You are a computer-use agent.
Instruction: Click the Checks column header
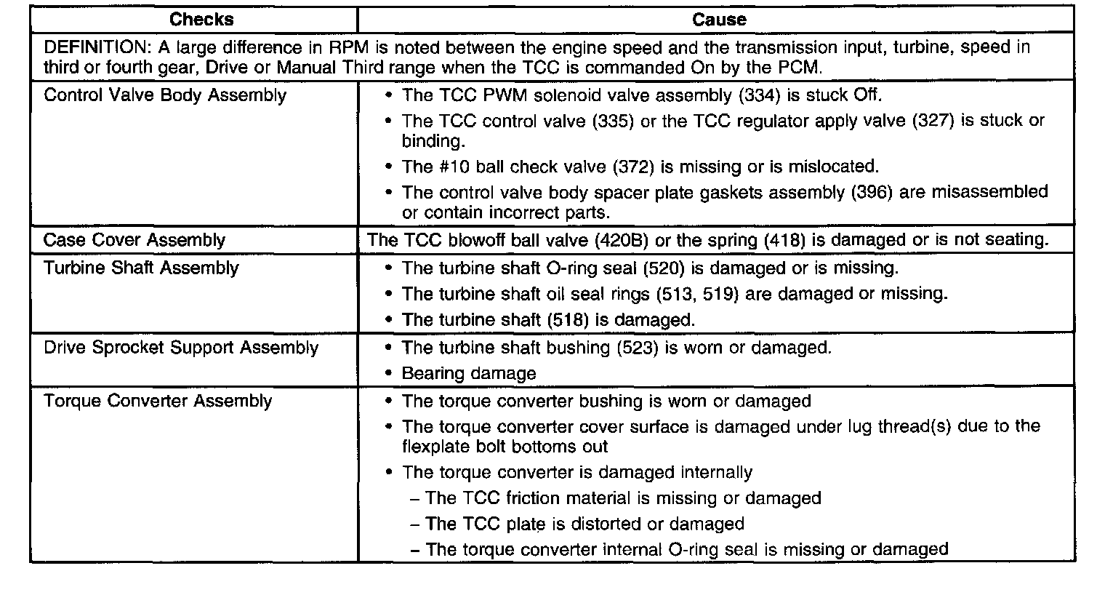(201, 20)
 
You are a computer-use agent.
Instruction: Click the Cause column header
(719, 20)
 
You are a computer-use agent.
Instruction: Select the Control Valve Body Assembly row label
(165, 95)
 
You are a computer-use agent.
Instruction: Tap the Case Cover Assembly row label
(134, 240)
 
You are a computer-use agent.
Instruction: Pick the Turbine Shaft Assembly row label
(141, 268)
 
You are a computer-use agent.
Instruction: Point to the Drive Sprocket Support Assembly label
(181, 347)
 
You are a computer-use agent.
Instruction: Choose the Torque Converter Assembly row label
(158, 401)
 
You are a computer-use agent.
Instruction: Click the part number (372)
(634, 167)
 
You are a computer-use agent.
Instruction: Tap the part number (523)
(637, 347)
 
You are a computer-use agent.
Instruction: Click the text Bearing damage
(469, 374)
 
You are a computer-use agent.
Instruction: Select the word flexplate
(434, 446)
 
